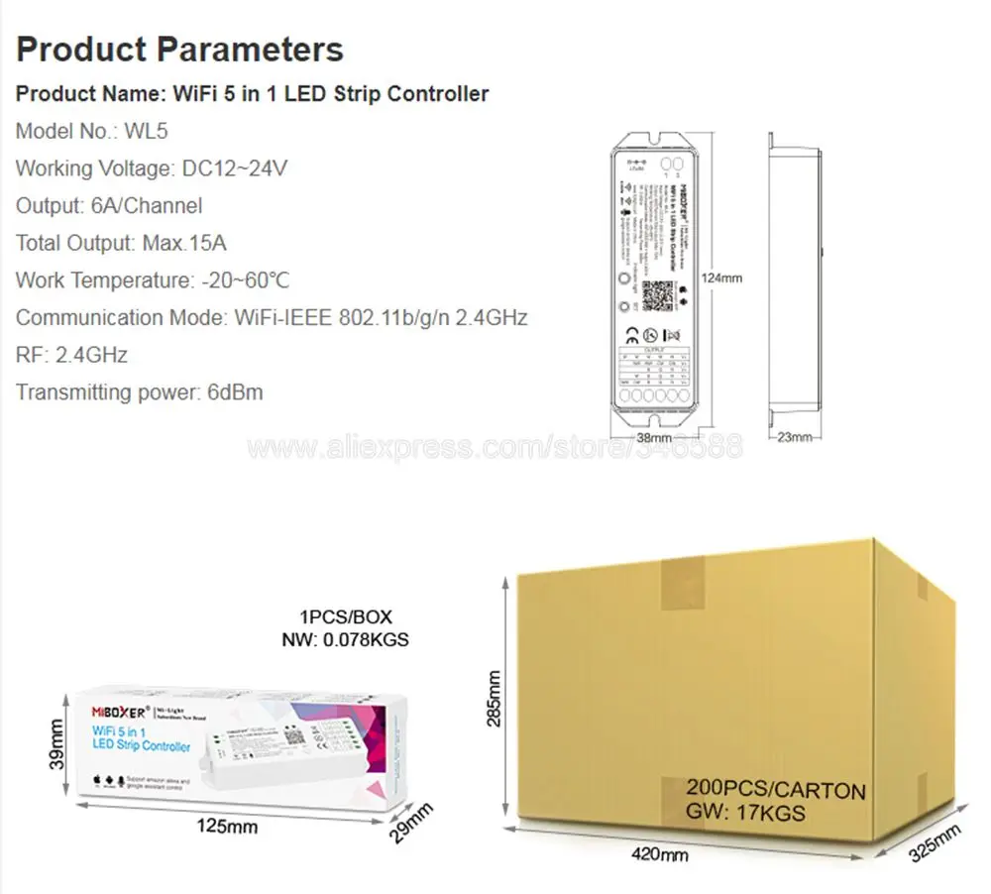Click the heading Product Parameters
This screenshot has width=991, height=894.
[179, 49]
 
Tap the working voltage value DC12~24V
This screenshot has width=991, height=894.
[235, 168]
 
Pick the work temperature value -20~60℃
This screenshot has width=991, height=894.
[246, 280]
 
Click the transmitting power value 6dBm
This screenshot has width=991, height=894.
[227, 392]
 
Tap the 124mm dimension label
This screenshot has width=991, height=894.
[720, 279]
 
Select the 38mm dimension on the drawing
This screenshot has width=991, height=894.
[654, 437]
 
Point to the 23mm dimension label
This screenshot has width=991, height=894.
[794, 437]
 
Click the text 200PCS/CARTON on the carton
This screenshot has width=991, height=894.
[776, 791]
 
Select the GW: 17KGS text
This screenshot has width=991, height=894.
[745, 815]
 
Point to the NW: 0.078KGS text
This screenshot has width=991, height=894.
[346, 639]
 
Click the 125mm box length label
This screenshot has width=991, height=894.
[229, 825]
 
